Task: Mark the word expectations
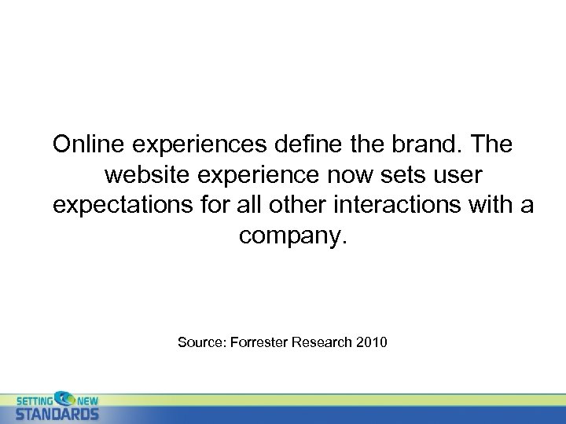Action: point(121,205)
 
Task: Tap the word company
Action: point(292,235)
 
